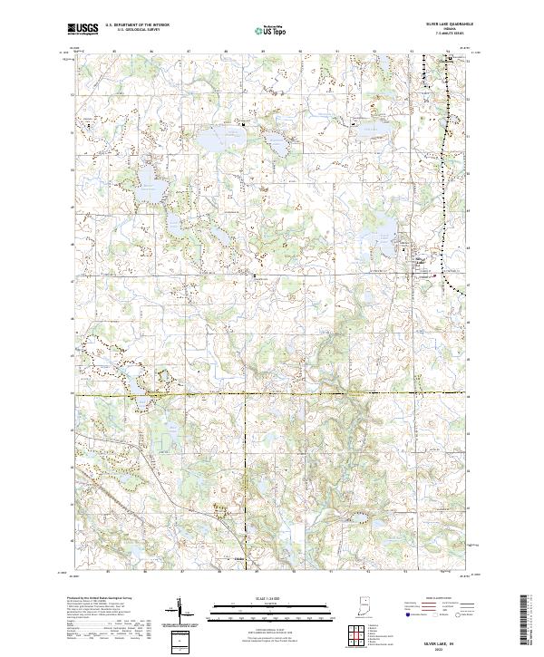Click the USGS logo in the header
click(x=83, y=29)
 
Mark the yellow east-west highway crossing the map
click(x=272, y=395)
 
